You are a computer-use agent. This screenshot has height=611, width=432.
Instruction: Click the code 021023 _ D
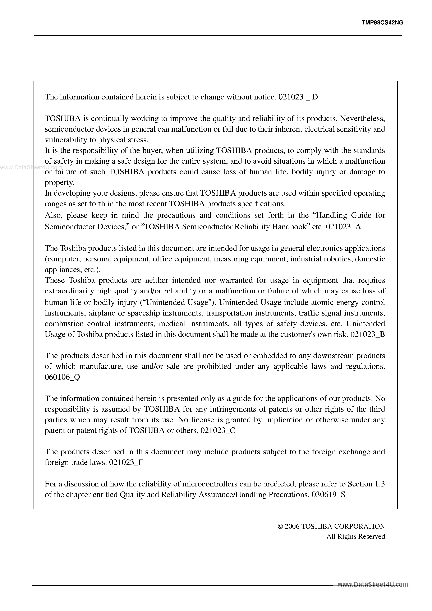[298, 97]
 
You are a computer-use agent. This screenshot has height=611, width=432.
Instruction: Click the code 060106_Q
[62, 377]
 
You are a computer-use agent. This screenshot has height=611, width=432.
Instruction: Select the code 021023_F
[126, 462]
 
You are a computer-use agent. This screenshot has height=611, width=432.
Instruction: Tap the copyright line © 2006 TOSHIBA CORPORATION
[331, 526]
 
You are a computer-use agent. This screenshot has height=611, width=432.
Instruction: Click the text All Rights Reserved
[355, 536]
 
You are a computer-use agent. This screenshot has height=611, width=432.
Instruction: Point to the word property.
[59, 183]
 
